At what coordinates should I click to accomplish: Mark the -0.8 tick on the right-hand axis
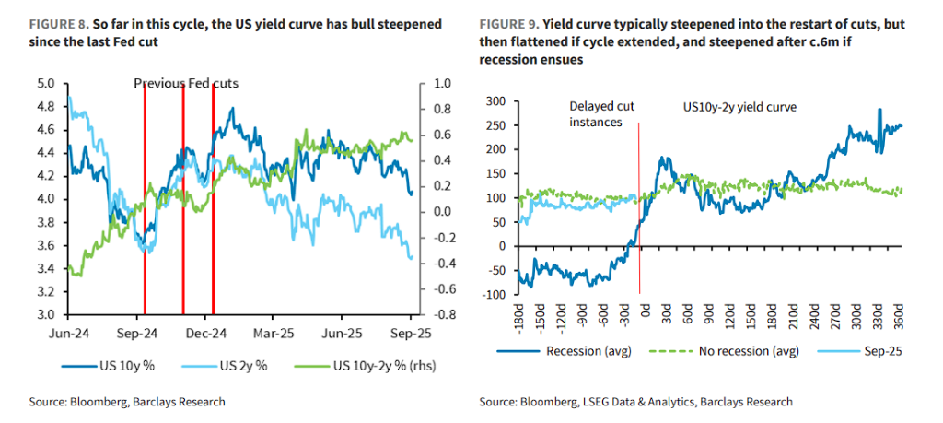click(x=443, y=315)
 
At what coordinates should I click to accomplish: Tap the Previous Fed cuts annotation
click(x=186, y=84)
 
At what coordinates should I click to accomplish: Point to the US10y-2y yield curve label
click(x=739, y=108)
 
